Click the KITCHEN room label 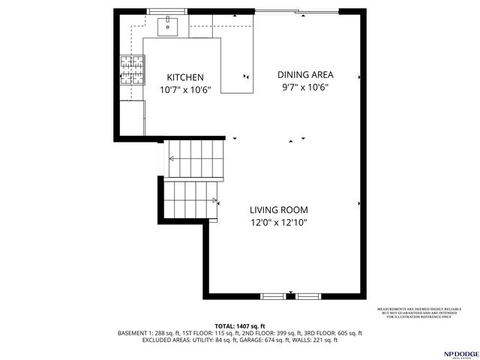[x=184, y=77]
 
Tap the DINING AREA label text [x=305, y=74]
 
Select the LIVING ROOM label [x=279, y=210]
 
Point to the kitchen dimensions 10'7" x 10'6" [x=185, y=90]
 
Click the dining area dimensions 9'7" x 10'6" [x=304, y=87]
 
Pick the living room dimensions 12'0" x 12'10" [x=279, y=223]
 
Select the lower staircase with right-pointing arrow [x=190, y=199]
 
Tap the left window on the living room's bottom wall [x=273, y=296]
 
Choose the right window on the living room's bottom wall [x=307, y=296]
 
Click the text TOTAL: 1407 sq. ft [x=240, y=325]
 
